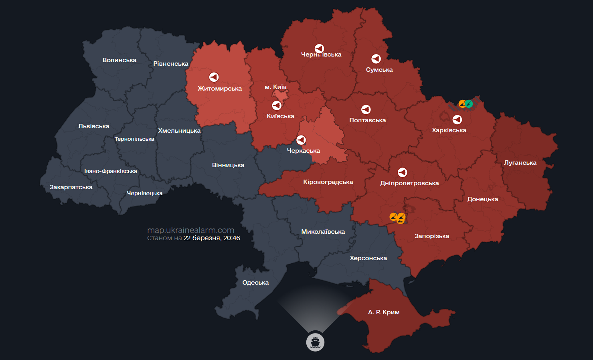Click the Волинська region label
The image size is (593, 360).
[x=119, y=60]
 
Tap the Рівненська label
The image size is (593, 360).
[x=171, y=64]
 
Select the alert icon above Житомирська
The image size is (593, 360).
[x=214, y=77]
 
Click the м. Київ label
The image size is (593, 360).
[x=275, y=87]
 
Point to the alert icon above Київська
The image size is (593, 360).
[x=277, y=105]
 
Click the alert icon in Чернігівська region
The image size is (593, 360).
[x=319, y=49]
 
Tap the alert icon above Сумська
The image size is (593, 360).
[x=376, y=59]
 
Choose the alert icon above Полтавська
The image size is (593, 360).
[x=366, y=109]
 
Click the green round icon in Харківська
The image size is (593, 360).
[x=469, y=104]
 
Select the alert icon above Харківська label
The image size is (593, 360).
[x=457, y=119]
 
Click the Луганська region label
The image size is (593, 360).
[x=520, y=163]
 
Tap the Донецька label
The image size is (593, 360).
[x=482, y=199]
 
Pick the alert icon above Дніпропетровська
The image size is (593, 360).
[x=402, y=172]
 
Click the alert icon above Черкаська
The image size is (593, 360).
[x=301, y=140]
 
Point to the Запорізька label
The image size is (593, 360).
[x=431, y=236]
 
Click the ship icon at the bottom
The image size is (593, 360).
[x=315, y=342]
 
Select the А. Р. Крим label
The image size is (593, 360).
[x=384, y=312]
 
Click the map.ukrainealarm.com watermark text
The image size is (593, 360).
[x=190, y=230]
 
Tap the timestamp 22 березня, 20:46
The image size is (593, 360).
[x=212, y=238]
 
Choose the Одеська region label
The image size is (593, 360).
[x=255, y=283]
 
